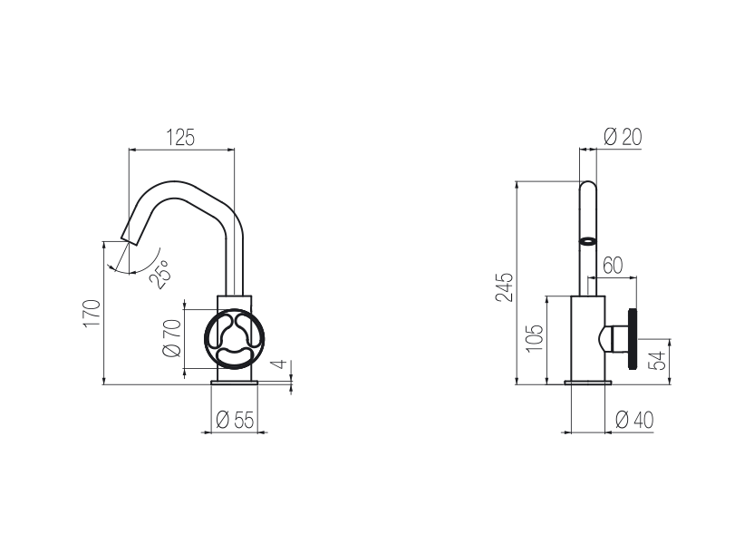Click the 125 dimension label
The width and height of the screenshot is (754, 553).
click(181, 138)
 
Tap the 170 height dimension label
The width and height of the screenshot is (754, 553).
click(92, 313)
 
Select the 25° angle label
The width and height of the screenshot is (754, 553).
click(160, 274)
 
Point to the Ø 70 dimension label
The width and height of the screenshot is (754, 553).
click(172, 338)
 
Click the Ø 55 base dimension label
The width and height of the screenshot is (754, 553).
click(235, 420)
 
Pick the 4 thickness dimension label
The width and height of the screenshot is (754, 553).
click(281, 364)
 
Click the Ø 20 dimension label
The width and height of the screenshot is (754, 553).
click(623, 137)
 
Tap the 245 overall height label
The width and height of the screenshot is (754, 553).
click(505, 287)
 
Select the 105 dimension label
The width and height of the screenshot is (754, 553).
click(535, 338)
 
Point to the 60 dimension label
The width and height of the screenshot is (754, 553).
click(613, 265)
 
